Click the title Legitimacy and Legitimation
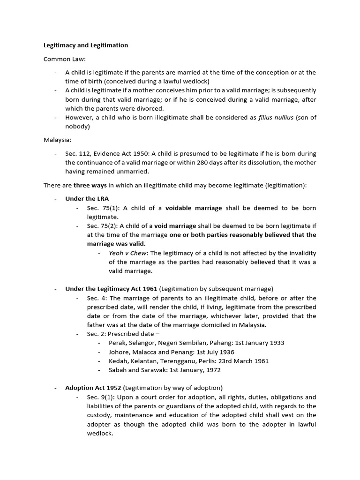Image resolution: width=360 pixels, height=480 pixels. (x=86, y=45)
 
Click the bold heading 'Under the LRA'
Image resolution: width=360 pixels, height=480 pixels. (x=87, y=199)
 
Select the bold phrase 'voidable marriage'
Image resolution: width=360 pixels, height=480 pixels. (x=194, y=208)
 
